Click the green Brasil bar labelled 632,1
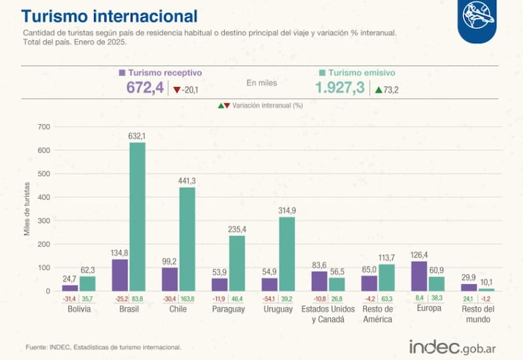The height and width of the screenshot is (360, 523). pyautogui.click(x=137, y=216)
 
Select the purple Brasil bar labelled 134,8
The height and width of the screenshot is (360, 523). pyautogui.click(x=120, y=275)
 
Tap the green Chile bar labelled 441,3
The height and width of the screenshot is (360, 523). pyautogui.click(x=187, y=239)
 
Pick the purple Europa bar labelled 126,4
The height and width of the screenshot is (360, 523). pyautogui.click(x=418, y=276)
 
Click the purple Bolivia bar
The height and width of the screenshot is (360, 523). pyautogui.click(x=70, y=287)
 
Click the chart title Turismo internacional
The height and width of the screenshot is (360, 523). pyautogui.click(x=110, y=15)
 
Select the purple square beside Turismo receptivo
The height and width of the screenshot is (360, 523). pyautogui.click(x=122, y=73)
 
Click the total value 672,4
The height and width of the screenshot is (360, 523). pyautogui.click(x=144, y=88)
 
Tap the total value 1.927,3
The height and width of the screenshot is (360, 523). pyautogui.click(x=339, y=88)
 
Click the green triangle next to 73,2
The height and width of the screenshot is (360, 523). pyautogui.click(x=379, y=90)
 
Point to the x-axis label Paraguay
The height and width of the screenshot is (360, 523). pyautogui.click(x=229, y=309)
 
